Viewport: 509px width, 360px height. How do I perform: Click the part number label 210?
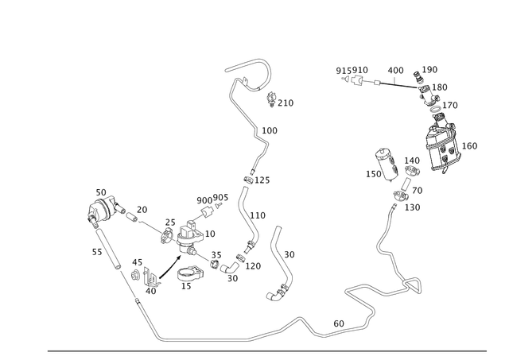click(x=286, y=103)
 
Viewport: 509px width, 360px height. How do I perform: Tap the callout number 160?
click(x=469, y=146)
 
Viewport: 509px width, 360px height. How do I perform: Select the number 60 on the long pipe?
click(x=339, y=323)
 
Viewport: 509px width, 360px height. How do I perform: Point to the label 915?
click(x=344, y=71)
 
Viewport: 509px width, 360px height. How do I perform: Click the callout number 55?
click(x=97, y=252)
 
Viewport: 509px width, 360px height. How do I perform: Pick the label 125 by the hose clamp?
click(x=262, y=180)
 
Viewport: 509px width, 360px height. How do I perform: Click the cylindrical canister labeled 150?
click(x=387, y=165)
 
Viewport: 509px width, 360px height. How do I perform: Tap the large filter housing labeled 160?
click(x=443, y=143)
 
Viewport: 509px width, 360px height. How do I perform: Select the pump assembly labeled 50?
click(x=103, y=210)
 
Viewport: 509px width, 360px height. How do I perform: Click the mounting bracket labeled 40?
click(x=151, y=277)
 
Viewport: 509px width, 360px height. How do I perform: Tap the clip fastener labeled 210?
click(x=271, y=99)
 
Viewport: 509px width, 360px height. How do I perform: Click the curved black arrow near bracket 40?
click(x=169, y=268)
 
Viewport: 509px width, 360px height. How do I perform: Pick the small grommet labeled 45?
click(x=135, y=275)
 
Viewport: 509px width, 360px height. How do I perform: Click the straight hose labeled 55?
click(x=108, y=249)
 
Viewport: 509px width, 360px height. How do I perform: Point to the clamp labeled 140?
click(x=412, y=170)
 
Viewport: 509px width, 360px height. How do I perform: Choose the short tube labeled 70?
click(x=406, y=184)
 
